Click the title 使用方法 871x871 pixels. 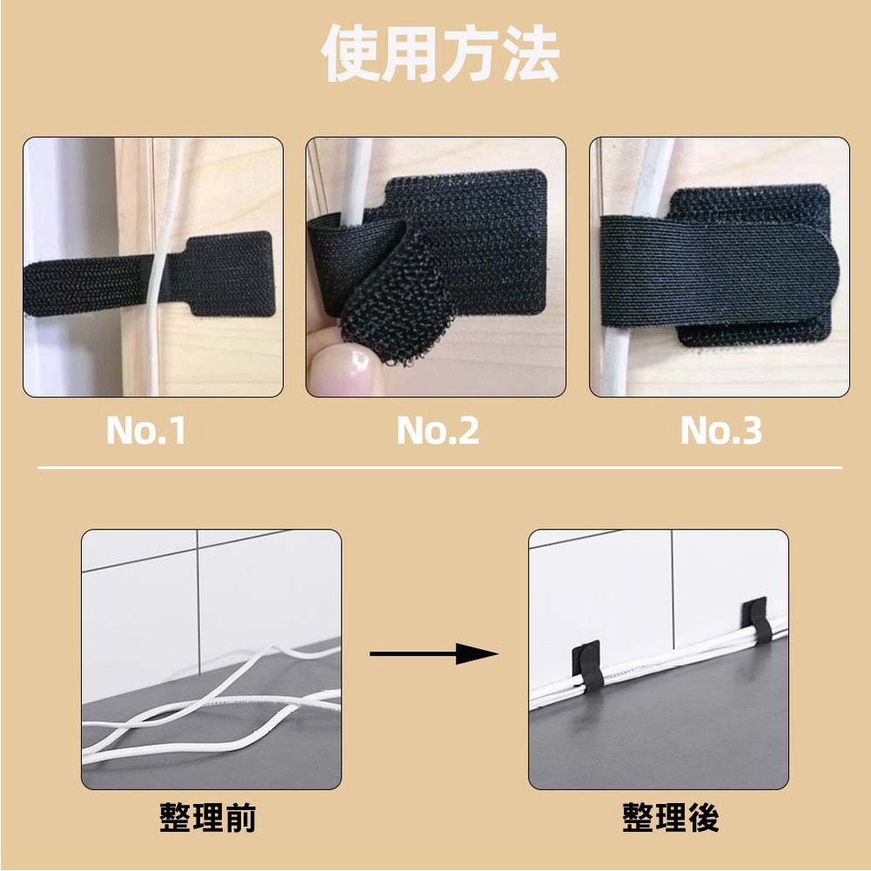[x=440, y=53]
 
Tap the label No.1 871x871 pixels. [x=146, y=430]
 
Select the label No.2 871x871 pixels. [x=438, y=430]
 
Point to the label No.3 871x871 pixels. [x=721, y=430]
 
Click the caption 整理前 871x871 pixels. [x=208, y=817]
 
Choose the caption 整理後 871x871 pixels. [x=671, y=817]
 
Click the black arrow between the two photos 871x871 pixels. [x=433, y=654]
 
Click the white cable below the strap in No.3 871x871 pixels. [x=614, y=361]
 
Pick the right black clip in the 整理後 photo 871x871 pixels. [x=758, y=619]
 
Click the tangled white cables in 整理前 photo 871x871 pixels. [x=211, y=706]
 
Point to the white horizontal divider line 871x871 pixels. [x=439, y=468]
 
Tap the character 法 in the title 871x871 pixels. [x=530, y=53]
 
